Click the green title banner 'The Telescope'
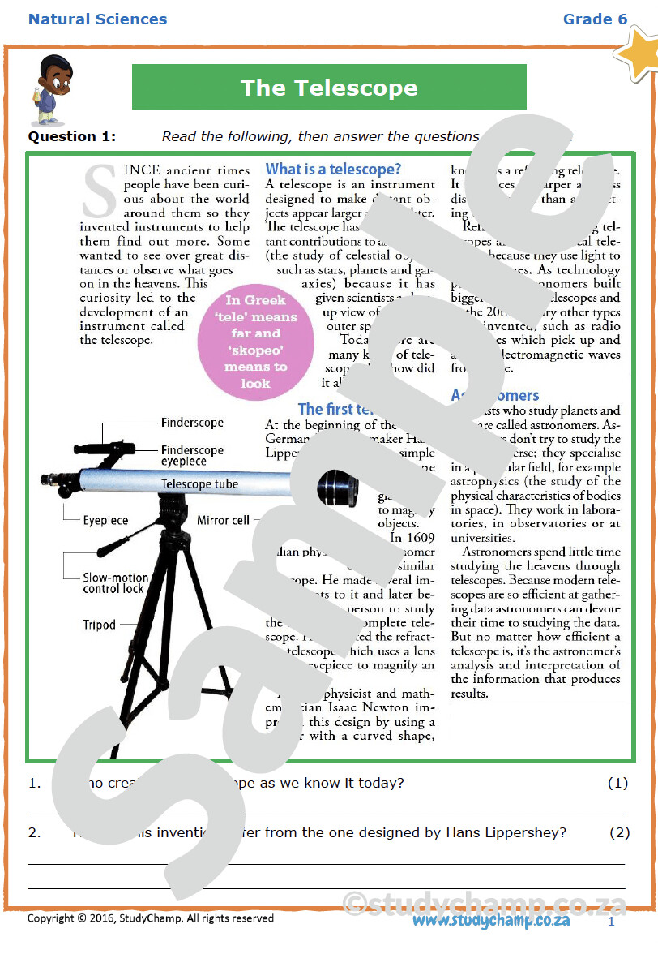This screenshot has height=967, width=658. [x=329, y=88]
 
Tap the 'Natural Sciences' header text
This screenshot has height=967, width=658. [x=97, y=19]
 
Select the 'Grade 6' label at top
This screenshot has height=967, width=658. [x=595, y=19]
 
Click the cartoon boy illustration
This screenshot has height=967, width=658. [x=53, y=88]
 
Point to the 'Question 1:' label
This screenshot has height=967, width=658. [x=72, y=136]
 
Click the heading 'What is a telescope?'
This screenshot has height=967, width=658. [x=333, y=170]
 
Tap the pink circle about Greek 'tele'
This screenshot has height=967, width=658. [x=255, y=342]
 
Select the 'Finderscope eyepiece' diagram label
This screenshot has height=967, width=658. [x=192, y=456]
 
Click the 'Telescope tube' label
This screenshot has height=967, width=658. [x=199, y=484]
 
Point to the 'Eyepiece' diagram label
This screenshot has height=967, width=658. [x=105, y=520]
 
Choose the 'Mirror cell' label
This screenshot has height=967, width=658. [x=223, y=520]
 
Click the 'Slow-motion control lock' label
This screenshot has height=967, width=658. [x=115, y=583]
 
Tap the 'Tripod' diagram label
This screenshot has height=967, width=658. [x=99, y=625]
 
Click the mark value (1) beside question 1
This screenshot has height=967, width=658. [x=617, y=784]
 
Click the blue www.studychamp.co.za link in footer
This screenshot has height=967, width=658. [x=490, y=921]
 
